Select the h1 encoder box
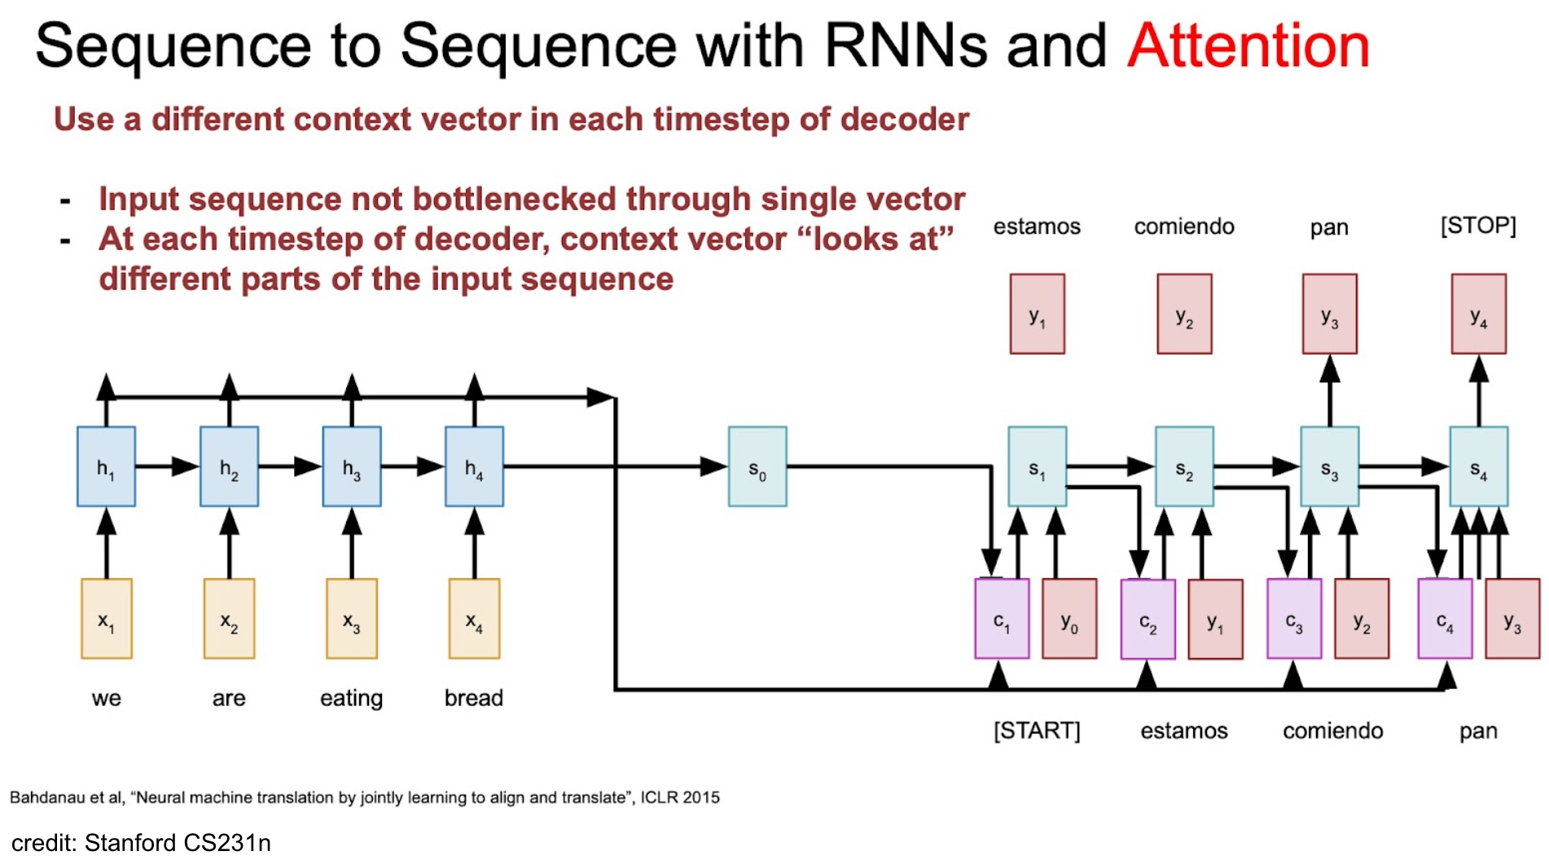[106, 467]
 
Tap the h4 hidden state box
[474, 467]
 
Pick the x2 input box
[229, 619]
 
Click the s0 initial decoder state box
[757, 467]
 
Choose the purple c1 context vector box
[1002, 619]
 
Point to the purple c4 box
[1445, 619]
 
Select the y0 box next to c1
[1069, 619]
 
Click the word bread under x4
[474, 698]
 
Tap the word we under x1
[106, 699]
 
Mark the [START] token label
[1037, 731]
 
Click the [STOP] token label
[1478, 226]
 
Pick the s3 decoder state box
[1329, 467]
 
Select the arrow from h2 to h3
[290, 467]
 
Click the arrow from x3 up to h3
[352, 542]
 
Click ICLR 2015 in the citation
[680, 797]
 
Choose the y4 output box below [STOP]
[1478, 314]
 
